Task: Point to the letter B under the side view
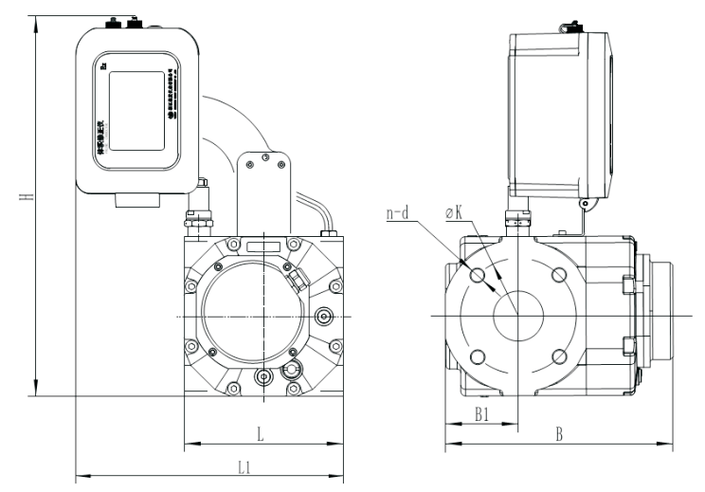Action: point(560,435)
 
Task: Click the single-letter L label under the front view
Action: point(261,433)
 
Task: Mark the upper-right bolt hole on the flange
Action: point(559,274)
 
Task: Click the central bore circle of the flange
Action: point(517,315)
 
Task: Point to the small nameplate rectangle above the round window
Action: point(262,246)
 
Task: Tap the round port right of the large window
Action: point(325,316)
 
